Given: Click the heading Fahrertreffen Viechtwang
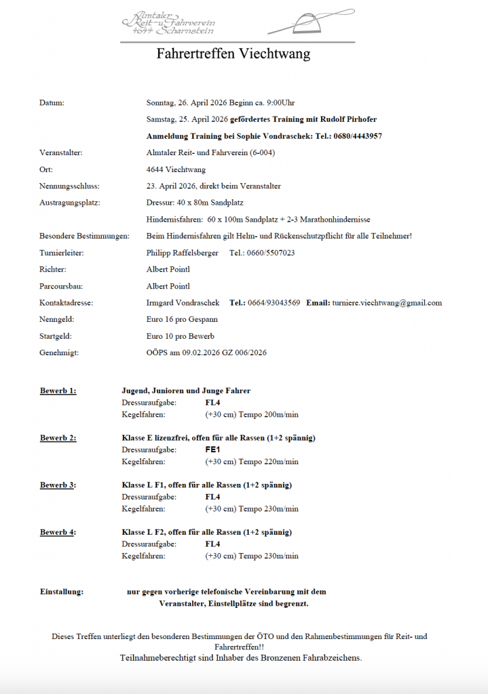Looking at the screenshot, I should click(x=233, y=54).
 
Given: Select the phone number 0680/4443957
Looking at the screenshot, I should click(x=358, y=136).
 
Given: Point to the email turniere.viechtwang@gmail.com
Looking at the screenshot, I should click(x=389, y=303).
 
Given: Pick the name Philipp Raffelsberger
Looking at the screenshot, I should click(x=183, y=253).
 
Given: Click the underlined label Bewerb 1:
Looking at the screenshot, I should click(x=58, y=390).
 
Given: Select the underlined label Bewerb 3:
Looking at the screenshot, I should click(x=58, y=485).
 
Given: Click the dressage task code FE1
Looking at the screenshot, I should click(x=212, y=450).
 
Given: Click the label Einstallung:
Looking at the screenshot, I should click(x=62, y=592).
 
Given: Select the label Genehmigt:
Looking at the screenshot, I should click(x=59, y=353).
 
